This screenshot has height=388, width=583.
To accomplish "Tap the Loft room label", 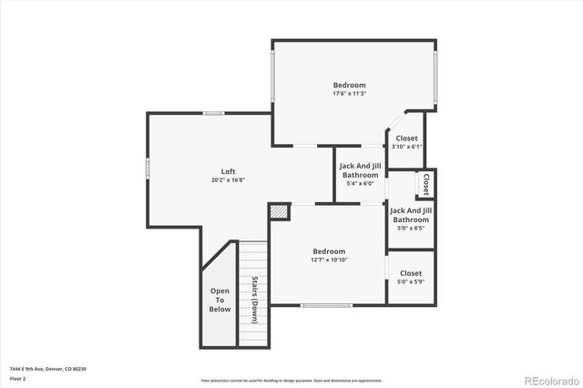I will tap(228, 175).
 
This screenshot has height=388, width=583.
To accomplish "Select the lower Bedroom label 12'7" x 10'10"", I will tap(329, 255).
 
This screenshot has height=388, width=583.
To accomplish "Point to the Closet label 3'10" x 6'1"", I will tap(406, 142).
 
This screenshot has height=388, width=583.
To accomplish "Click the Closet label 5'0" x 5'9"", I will tap(411, 277).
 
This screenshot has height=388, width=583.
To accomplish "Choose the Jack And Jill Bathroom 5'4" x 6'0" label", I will tap(360, 174).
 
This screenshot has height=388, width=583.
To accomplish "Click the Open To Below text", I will tap(220, 301).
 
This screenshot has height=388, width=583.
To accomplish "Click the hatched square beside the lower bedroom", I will tap(279, 211).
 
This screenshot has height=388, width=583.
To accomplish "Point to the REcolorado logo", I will tap(550, 380).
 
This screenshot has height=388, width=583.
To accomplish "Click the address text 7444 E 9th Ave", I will tap(49, 368).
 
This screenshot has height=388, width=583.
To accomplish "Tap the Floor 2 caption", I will tap(18, 378).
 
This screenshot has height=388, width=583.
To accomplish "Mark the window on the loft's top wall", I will tap(214, 113).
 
